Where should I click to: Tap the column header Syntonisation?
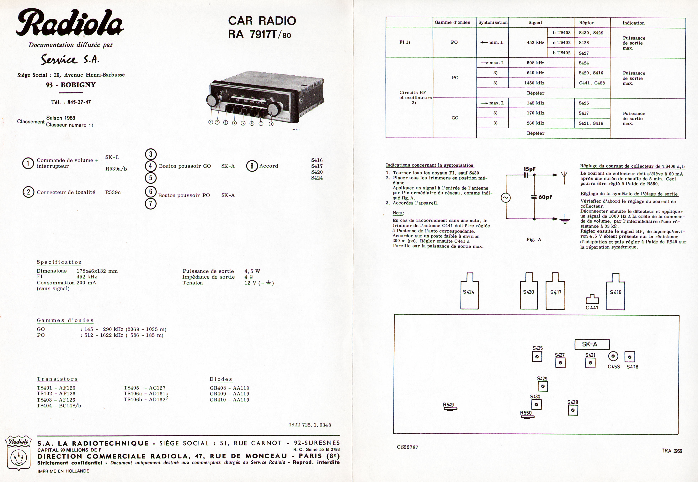(x=493, y=23)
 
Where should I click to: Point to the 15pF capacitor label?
(x=530, y=169)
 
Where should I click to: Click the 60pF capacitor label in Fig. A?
(x=545, y=197)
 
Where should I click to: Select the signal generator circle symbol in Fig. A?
(x=506, y=198)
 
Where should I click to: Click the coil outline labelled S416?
(x=615, y=292)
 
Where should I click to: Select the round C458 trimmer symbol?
(x=613, y=357)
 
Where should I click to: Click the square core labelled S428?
(x=573, y=410)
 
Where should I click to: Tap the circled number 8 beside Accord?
(x=252, y=166)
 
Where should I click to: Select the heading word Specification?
(x=59, y=262)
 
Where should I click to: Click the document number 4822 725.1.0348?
(x=309, y=425)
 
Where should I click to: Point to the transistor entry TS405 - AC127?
(x=144, y=388)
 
